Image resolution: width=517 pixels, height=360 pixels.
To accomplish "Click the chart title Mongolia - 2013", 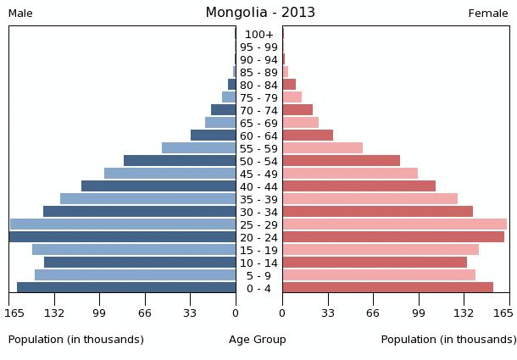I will [x=260, y=12].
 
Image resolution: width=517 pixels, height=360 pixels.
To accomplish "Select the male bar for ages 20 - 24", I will [x=123, y=237].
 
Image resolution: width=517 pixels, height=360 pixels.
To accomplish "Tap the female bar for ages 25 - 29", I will [x=394, y=224].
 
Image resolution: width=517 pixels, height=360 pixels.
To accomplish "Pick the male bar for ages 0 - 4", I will [x=126, y=288].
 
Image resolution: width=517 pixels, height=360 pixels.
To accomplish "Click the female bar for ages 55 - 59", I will [x=322, y=148].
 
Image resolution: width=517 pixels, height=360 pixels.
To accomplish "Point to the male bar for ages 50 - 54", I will [x=180, y=161].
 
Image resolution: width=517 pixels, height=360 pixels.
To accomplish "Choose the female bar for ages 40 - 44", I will [x=359, y=186].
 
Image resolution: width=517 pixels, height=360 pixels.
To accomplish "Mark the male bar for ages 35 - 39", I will [x=148, y=199].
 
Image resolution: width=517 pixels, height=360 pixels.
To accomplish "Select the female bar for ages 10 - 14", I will [x=375, y=263].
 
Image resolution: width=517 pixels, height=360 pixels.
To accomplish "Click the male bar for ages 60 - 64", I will [x=214, y=136].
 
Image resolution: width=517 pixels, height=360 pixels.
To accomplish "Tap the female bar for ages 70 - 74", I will [x=297, y=110].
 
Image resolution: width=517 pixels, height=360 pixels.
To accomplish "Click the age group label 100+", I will [x=258, y=35].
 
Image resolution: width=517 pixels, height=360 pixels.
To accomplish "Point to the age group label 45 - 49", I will [x=258, y=174].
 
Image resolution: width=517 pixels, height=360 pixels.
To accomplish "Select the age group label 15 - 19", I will [x=258, y=250].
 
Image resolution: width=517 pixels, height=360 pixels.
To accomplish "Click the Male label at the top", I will [x=20, y=14].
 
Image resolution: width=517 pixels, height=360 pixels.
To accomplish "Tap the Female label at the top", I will [x=488, y=14].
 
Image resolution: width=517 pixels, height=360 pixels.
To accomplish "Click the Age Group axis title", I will [x=258, y=340].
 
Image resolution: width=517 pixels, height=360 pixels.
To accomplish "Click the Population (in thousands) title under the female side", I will [x=448, y=340].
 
